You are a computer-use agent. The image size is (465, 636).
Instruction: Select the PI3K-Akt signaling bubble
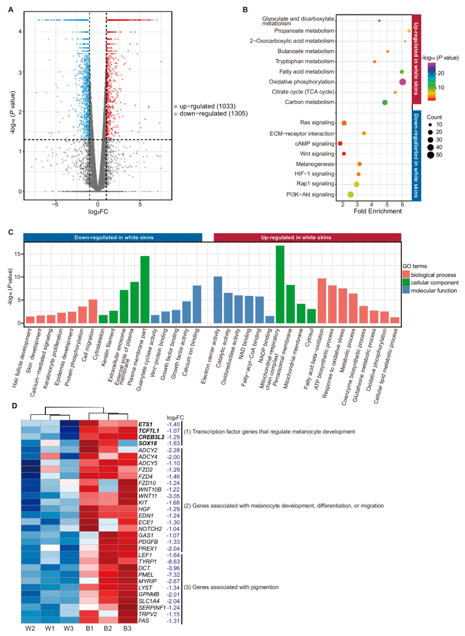tap(350, 195)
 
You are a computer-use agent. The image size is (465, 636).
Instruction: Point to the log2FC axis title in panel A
tap(98, 212)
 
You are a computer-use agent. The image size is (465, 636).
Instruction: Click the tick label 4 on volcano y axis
tap(20, 32)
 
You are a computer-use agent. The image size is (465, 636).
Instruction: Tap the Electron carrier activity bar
tap(218, 300)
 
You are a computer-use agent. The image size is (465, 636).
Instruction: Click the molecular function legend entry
tap(433, 290)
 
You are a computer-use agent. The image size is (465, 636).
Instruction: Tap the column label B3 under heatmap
tap(127, 628)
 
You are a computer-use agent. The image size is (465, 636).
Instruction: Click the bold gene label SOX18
tap(147, 443)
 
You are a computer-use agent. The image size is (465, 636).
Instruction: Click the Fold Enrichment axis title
tap(377, 211)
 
